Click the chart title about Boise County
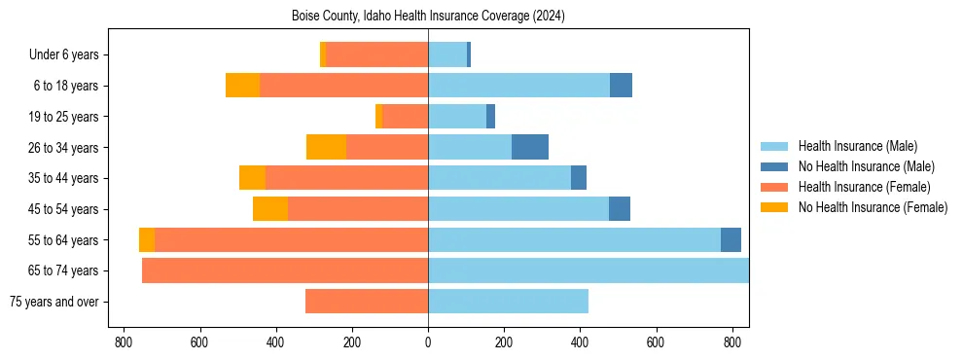click(428, 17)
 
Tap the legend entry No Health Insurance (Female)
click(873, 207)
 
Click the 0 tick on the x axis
click(428, 342)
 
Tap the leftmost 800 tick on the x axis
click(124, 342)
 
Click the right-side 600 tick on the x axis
click(657, 342)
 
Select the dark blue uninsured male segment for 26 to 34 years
click(530, 147)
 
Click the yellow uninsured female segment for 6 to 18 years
click(242, 86)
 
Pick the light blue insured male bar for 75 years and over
click(508, 302)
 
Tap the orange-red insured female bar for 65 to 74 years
click(285, 270)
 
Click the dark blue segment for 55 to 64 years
click(731, 239)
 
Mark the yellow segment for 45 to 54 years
click(270, 209)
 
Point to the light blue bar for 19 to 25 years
click(457, 117)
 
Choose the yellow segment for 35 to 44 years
click(252, 178)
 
